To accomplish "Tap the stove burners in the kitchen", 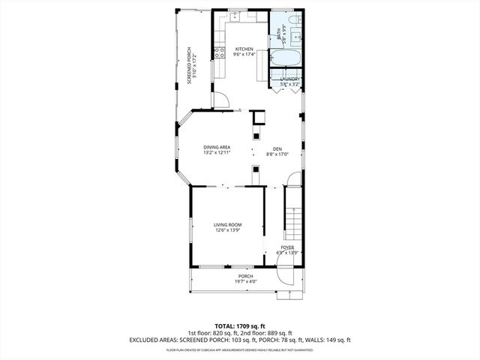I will coord(220,52).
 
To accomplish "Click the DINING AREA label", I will coord(217,147).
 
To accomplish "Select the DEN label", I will coord(277,148).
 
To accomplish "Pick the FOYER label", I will coord(287,247).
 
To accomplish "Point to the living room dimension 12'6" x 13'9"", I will coord(227,229).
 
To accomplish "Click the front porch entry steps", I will coord(287,292).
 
